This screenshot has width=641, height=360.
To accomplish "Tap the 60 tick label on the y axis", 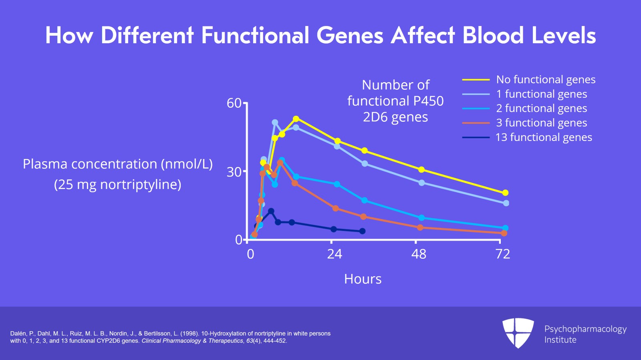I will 234,103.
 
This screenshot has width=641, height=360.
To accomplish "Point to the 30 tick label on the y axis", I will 234,172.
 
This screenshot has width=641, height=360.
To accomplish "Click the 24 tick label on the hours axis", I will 335,254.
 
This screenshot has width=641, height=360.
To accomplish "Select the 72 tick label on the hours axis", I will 503,254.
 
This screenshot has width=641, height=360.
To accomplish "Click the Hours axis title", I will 363,279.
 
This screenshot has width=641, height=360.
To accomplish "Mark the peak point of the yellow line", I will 296,119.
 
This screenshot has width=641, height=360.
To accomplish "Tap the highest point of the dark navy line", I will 271,211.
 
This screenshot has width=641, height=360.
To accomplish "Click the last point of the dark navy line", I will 363,231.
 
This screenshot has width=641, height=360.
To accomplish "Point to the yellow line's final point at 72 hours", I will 505,193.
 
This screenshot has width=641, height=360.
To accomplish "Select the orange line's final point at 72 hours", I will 504,233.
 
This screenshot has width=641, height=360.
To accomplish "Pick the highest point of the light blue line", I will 275,123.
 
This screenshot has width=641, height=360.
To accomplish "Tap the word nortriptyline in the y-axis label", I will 140,185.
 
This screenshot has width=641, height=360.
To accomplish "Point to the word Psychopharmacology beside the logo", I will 585,329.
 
